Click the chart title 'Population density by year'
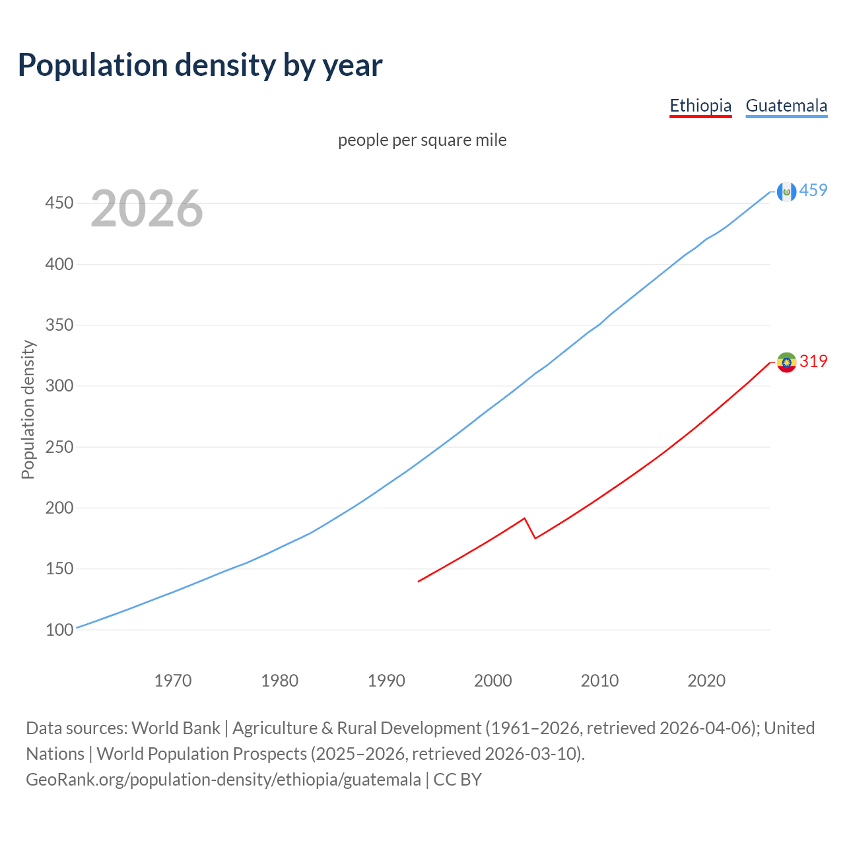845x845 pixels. (200, 65)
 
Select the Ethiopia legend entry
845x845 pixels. (700, 106)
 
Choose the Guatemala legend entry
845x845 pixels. (786, 106)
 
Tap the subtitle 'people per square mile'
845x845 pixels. (422, 140)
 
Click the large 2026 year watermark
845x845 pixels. (147, 209)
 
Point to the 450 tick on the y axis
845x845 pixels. (59, 203)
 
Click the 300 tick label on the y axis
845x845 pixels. (59, 386)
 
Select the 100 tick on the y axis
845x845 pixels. (59, 630)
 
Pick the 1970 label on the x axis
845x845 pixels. (173, 681)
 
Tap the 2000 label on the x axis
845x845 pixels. (493, 681)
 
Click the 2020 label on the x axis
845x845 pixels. (706, 681)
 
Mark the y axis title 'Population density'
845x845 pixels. (28, 409)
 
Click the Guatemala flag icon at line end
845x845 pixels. (786, 191)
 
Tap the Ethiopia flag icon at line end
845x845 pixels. (786, 362)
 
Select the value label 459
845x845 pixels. (813, 190)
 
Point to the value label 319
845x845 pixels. (813, 361)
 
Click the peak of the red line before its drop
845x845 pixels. (524, 518)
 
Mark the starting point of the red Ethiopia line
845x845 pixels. (419, 581)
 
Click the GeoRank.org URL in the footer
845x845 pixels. (223, 780)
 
